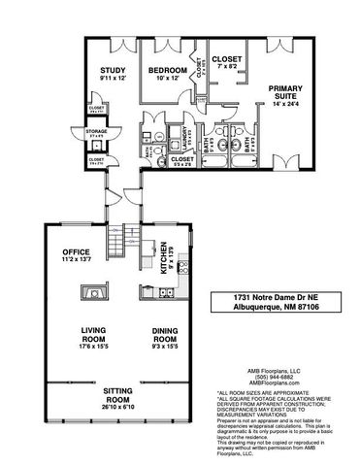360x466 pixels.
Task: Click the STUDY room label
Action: pyautogui.click(x=114, y=70)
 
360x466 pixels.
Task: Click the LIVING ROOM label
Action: pyautogui.click(x=96, y=335)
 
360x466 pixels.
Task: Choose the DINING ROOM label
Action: pyautogui.click(x=167, y=335)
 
